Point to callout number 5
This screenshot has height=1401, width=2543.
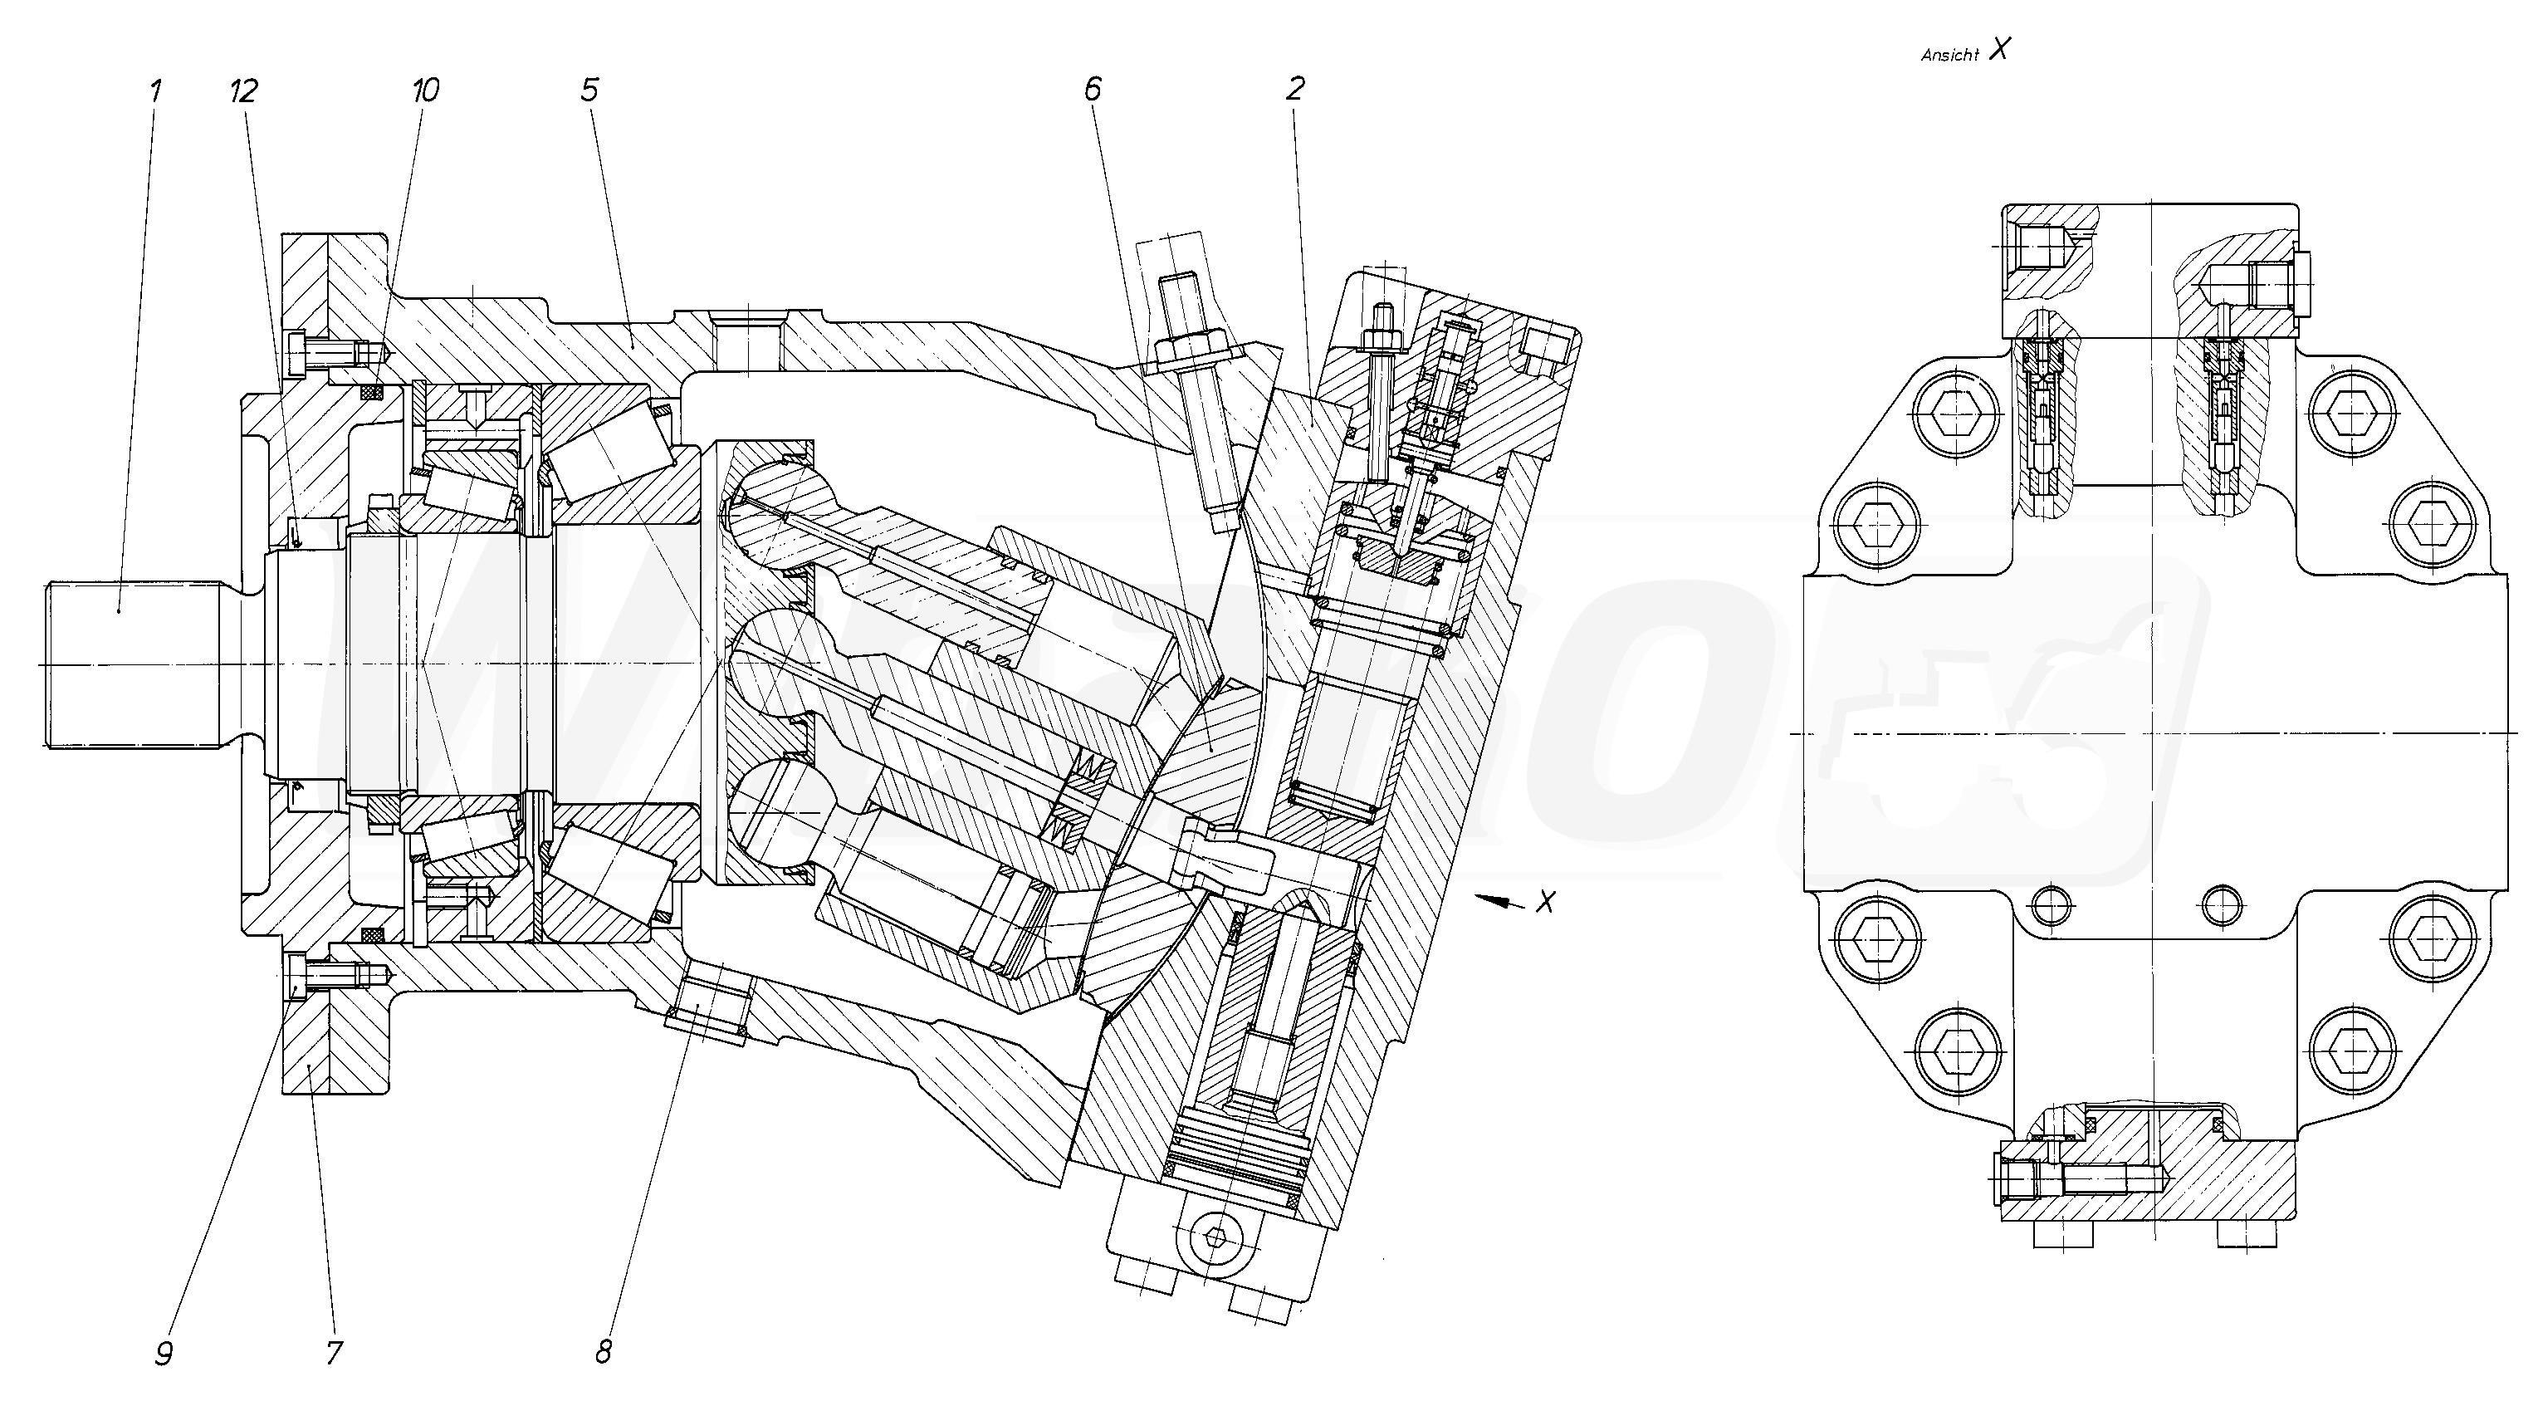589,91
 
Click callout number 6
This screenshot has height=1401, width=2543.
1092,90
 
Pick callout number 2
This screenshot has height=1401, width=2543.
1295,90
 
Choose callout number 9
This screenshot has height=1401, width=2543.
164,1353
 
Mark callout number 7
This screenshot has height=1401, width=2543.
334,1353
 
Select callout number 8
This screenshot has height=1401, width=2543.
604,1352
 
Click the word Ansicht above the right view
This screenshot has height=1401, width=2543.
1949,56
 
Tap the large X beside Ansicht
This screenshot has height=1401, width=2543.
1999,51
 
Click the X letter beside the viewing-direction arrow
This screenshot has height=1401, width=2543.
1546,901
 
